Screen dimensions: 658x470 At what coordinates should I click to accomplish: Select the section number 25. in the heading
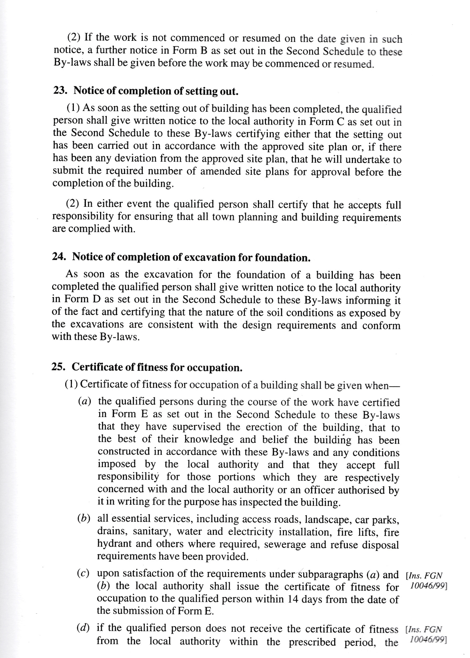point(59,367)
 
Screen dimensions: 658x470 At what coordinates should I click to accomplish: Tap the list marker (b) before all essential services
point(84,519)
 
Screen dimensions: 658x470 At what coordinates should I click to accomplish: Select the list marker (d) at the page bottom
point(83,628)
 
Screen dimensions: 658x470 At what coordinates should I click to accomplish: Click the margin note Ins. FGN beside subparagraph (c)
point(424,575)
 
